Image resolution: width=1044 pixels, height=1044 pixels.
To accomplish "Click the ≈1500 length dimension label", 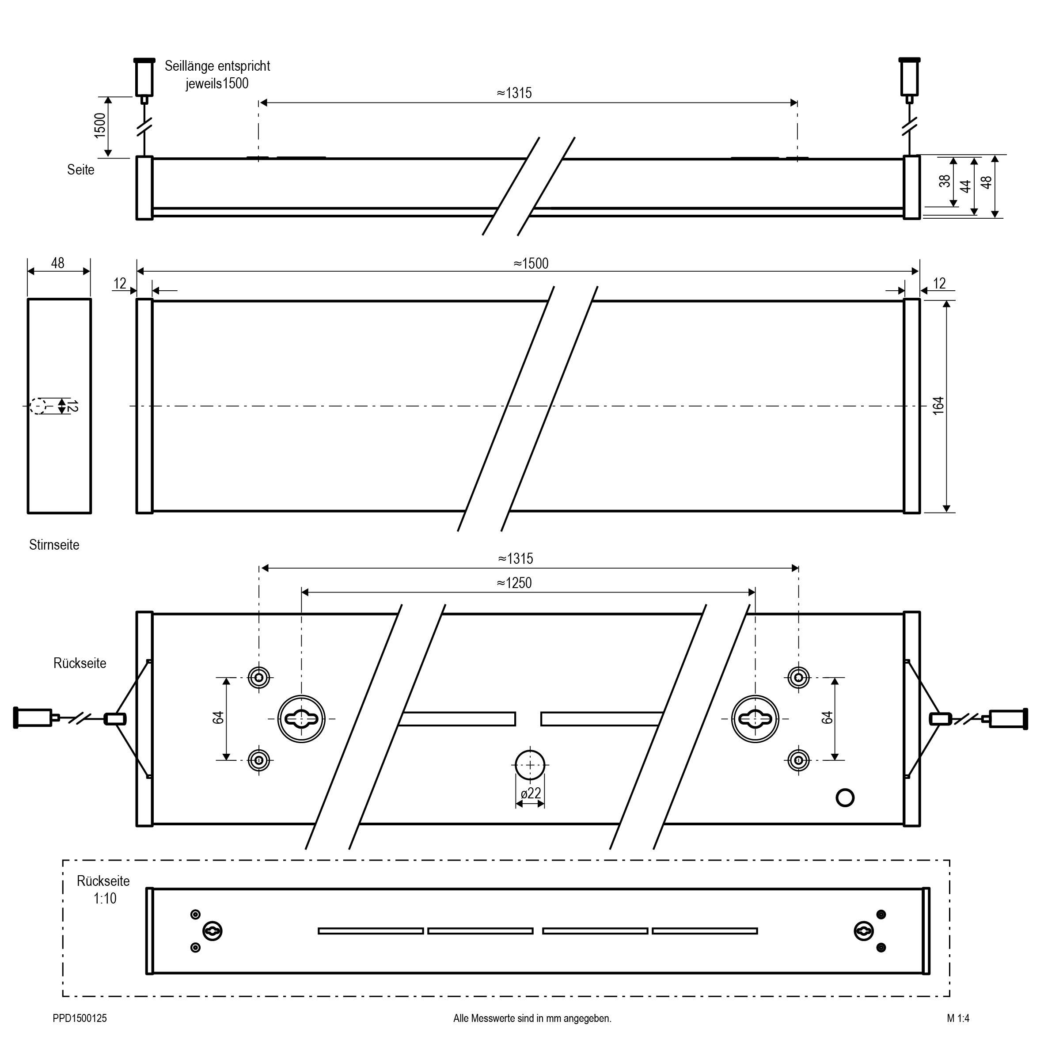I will (531, 264).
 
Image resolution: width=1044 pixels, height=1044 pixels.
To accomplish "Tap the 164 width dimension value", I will (938, 405).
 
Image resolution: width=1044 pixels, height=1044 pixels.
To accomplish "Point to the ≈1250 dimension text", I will (514, 583).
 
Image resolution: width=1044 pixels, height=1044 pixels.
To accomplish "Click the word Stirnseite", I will (54, 545).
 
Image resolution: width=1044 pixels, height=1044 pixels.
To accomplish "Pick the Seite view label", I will (80, 170).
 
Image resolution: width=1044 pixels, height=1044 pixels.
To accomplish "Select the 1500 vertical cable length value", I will (100, 126).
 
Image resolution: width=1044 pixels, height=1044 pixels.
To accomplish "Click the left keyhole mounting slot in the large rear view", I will (301, 719).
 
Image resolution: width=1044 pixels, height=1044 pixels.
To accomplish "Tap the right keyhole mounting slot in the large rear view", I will (755, 719).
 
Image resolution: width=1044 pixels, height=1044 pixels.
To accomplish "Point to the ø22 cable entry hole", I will (530, 765).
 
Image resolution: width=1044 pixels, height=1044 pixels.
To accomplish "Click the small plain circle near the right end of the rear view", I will (845, 797).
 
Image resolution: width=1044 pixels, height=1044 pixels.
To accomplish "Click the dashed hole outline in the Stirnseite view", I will (38, 406).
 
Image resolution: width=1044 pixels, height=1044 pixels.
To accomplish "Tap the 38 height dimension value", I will (945, 182).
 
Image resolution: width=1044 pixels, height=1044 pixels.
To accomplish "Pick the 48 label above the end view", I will (58, 263).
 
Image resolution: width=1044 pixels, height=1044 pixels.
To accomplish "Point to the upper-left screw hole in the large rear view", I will (259, 677).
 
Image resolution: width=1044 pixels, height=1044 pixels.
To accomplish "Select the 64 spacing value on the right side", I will (827, 718).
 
